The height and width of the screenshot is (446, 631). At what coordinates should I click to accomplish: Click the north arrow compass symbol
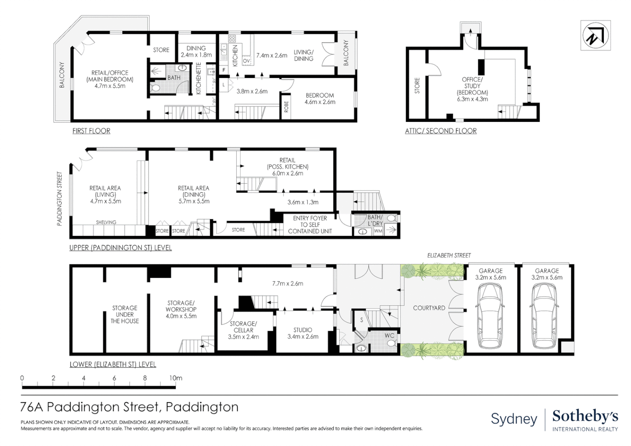[595, 36]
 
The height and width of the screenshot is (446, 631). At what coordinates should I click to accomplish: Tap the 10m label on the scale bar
[176, 378]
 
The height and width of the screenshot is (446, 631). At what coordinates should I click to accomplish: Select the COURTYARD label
[429, 308]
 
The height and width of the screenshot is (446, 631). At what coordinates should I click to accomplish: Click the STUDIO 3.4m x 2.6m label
[303, 333]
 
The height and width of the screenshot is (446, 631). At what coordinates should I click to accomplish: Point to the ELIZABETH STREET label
[449, 256]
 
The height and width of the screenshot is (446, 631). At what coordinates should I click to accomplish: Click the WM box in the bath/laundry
[378, 231]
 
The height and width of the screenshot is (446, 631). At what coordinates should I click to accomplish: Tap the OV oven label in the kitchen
[247, 61]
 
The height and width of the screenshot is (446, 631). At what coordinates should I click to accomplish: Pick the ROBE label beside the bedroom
[287, 107]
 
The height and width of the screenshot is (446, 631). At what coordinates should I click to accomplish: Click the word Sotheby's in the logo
[585, 417]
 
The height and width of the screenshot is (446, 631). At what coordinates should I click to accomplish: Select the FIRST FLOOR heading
[91, 131]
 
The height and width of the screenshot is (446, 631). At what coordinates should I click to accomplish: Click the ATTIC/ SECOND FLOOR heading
[441, 131]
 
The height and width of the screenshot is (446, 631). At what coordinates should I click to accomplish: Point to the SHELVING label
[106, 222]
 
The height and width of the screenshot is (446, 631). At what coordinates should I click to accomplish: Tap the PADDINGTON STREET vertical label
[59, 199]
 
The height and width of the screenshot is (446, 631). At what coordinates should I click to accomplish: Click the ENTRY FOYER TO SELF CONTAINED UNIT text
[310, 225]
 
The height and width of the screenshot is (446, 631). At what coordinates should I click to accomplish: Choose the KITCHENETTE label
[198, 78]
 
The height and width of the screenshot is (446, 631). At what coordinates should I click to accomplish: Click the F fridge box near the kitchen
[224, 70]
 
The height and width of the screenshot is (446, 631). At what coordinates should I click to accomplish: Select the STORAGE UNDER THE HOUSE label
[125, 314]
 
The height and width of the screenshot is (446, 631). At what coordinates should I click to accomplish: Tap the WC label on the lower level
[389, 336]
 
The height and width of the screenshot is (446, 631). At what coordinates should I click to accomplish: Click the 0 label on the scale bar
[22, 378]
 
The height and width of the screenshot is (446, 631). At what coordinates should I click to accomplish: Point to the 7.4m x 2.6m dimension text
[272, 55]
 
